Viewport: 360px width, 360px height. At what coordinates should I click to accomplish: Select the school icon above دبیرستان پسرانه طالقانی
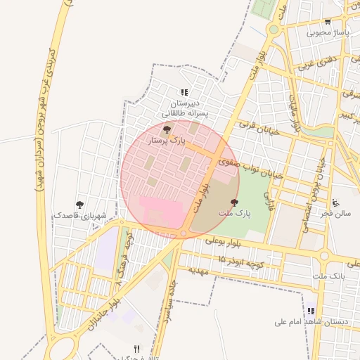(184, 92)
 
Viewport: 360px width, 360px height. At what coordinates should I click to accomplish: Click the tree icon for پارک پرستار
(167, 129)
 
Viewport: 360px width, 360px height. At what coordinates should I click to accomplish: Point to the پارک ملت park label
(234, 212)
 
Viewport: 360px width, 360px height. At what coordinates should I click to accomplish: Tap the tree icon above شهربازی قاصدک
(79, 205)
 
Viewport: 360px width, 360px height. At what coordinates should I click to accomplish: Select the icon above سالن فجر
(336, 202)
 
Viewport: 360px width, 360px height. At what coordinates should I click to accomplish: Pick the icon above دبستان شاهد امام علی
(311, 311)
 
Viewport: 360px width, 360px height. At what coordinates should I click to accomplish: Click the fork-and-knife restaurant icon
(137, 349)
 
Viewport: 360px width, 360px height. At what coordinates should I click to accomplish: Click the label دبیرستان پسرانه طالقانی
(184, 108)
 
